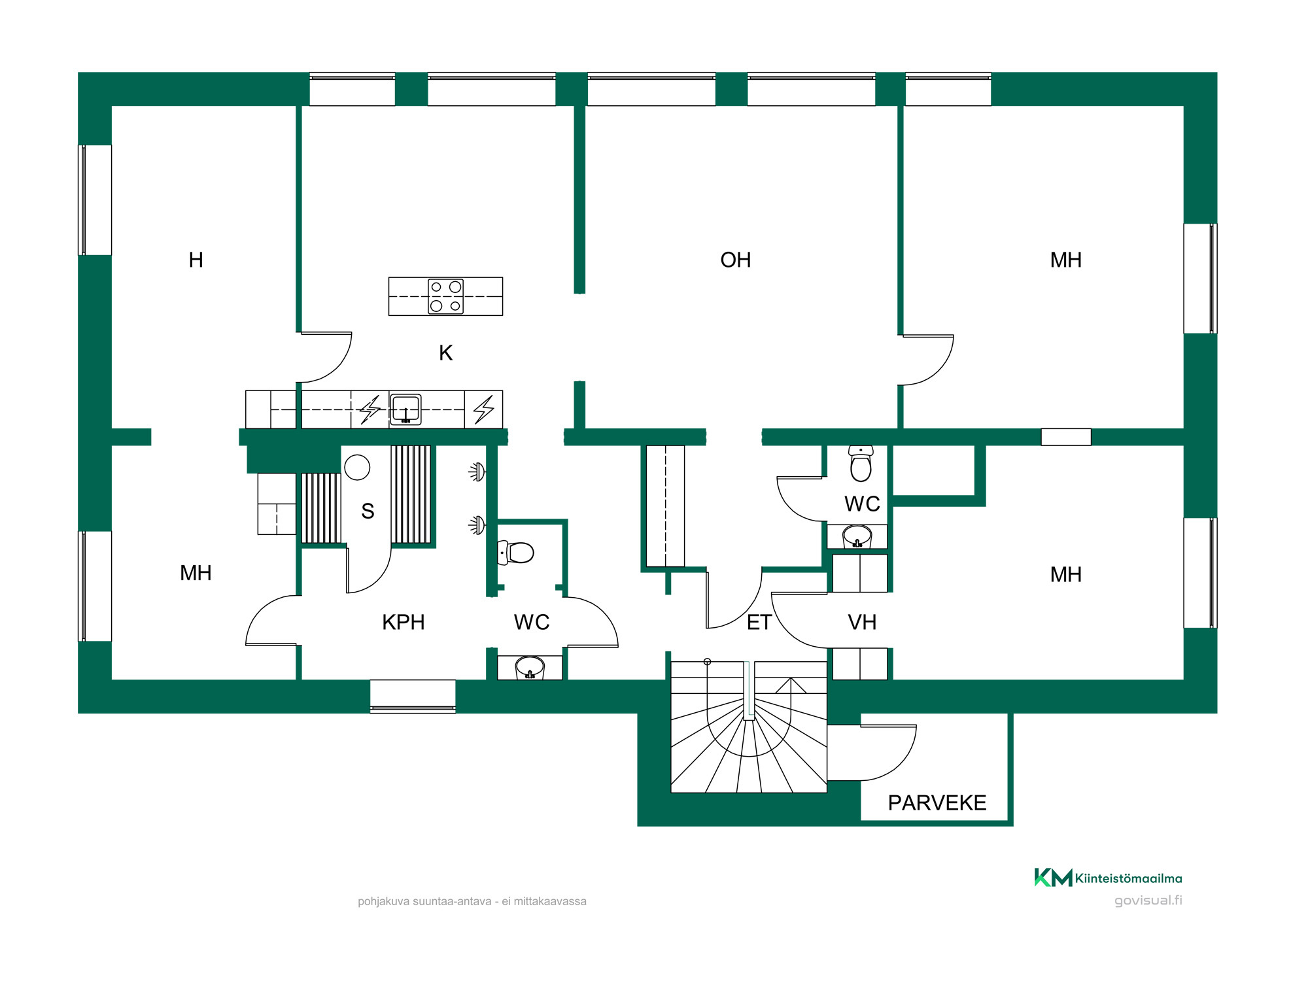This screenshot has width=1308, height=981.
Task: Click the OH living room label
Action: (x=735, y=260)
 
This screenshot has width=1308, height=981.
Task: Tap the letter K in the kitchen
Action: (x=445, y=353)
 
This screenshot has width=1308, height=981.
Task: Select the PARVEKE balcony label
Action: (x=937, y=803)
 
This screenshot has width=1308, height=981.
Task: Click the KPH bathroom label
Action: (x=403, y=623)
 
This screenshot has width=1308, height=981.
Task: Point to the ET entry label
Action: (x=759, y=623)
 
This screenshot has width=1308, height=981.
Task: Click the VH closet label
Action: (x=862, y=623)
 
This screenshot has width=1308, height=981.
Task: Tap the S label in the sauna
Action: (x=368, y=511)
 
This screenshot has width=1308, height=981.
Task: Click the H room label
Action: (x=196, y=260)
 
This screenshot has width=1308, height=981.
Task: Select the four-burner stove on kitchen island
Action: (x=445, y=296)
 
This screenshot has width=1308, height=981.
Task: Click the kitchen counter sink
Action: (x=405, y=409)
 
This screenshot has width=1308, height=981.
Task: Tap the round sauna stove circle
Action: (x=357, y=468)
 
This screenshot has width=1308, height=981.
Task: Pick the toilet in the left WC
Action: (x=515, y=553)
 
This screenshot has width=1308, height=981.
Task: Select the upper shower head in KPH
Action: (x=477, y=472)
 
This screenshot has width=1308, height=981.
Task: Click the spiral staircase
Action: (x=749, y=727)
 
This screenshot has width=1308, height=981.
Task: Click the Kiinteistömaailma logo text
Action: (x=1128, y=878)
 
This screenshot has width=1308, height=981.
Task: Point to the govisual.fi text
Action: (x=1148, y=901)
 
